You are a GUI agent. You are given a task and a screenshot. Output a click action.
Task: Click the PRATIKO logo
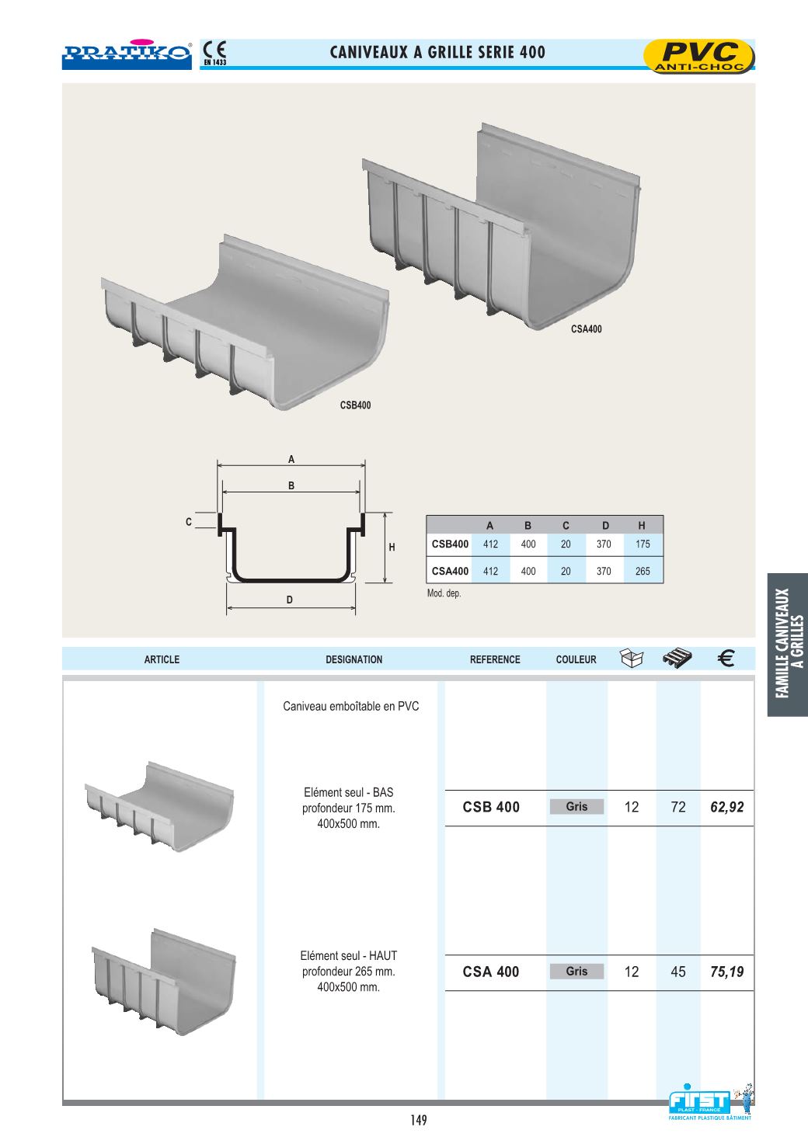click(127, 54)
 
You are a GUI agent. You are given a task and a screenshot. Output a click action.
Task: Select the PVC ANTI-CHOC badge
click(699, 57)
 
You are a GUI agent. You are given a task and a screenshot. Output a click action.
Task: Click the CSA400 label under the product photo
click(586, 329)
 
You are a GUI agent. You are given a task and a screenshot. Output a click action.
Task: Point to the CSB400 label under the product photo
click(355, 405)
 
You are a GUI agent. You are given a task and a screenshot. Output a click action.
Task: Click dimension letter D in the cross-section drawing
click(290, 600)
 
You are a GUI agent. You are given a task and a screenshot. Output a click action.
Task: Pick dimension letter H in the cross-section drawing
click(392, 548)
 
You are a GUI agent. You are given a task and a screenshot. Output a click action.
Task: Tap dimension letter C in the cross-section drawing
click(189, 523)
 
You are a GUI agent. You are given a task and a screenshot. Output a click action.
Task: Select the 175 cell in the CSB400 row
click(643, 544)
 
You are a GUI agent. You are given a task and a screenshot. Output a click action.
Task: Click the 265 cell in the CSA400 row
click(643, 572)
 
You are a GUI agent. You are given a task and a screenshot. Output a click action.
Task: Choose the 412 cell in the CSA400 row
click(490, 572)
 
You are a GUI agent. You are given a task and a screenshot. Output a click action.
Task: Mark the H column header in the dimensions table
click(642, 526)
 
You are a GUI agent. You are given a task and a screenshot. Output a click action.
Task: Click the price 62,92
click(727, 808)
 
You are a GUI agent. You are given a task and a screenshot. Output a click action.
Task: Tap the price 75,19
click(727, 972)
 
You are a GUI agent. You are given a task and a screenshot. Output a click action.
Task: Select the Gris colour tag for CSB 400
click(576, 807)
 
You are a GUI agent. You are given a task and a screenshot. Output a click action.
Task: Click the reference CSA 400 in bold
click(491, 972)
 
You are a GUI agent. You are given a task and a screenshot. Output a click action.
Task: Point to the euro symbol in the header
click(726, 659)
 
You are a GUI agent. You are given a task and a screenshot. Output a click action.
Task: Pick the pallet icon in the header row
click(677, 659)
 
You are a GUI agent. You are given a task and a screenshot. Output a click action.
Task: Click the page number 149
click(419, 1120)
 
